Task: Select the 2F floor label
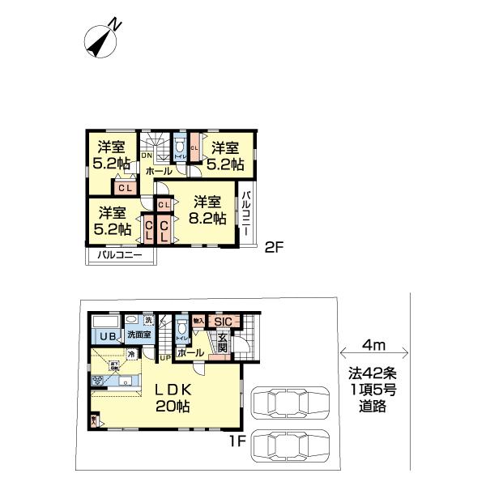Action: coord(274,248)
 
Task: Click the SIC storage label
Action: coord(223,322)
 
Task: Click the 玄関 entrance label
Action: coord(222,342)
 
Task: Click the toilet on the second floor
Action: coord(179,147)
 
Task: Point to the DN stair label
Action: coord(147,156)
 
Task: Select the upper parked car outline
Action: coord(291,402)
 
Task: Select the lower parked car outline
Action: coord(291,446)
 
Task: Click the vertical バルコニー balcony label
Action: coord(245,212)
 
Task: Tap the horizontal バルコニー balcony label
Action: coord(120,255)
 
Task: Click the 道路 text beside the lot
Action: coord(373,407)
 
